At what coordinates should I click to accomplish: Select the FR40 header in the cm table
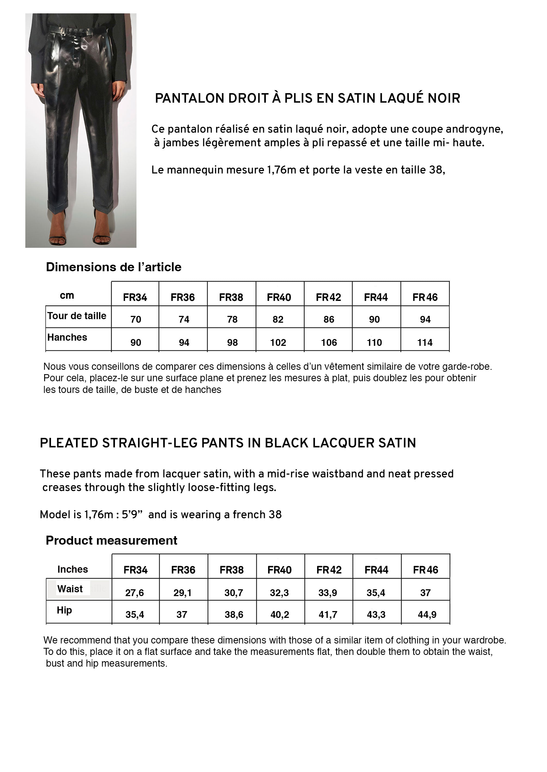pyautogui.click(x=279, y=297)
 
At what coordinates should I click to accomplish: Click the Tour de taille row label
pyautogui.click(x=77, y=316)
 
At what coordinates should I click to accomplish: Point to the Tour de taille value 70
pyautogui.click(x=136, y=319)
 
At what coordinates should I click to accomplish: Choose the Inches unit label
pyautogui.click(x=72, y=569)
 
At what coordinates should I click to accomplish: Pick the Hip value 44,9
pyautogui.click(x=427, y=615)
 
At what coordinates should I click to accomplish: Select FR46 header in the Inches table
pyautogui.click(x=426, y=570)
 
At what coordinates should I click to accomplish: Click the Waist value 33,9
pyautogui.click(x=328, y=593)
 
